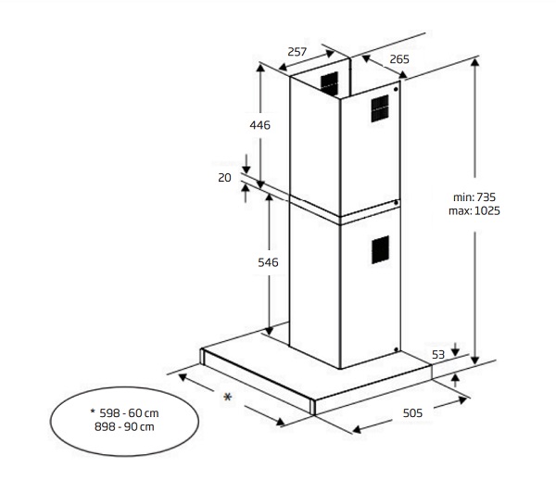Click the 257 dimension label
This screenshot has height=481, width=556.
click(297, 52)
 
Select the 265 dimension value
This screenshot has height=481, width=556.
click(399, 59)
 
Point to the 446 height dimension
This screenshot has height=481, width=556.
click(259, 125)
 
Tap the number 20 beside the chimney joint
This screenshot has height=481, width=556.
click(224, 177)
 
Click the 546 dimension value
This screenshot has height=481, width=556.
click(268, 262)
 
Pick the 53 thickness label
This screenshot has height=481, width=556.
click(438, 355)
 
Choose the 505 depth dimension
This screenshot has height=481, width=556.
click(412, 413)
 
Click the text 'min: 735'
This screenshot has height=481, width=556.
click(474, 196)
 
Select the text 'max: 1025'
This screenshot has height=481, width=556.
click(474, 211)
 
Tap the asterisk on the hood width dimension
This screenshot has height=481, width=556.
click(228, 397)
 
